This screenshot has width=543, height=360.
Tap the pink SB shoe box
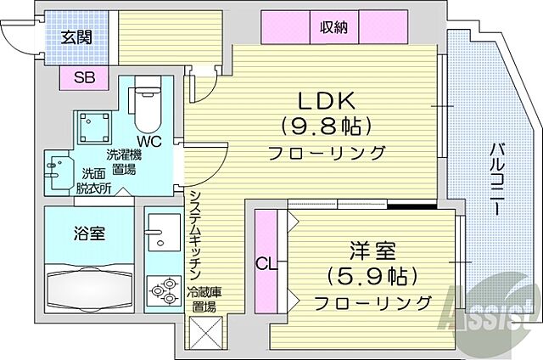84,78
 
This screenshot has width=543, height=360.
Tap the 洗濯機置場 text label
124,161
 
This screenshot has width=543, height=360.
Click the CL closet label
266,264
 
